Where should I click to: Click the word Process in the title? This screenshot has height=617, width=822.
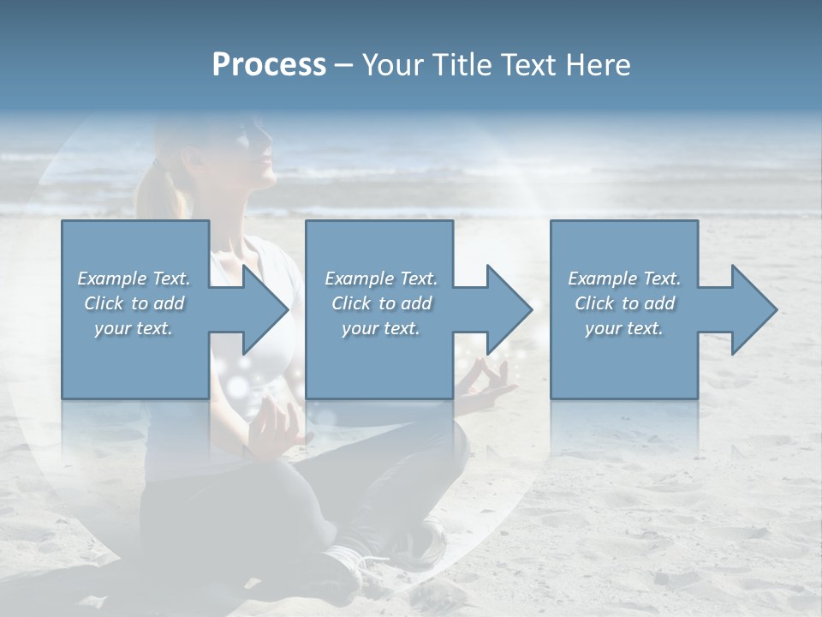(x=269, y=65)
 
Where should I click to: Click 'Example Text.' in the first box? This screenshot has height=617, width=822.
(x=134, y=279)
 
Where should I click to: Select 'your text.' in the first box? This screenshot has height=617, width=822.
(x=134, y=328)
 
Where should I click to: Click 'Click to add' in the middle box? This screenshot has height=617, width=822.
(x=381, y=303)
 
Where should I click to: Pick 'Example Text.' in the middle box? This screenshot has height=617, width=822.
(x=381, y=279)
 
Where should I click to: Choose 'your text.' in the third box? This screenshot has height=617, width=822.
(x=624, y=328)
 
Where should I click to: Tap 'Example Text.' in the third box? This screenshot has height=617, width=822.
(x=624, y=279)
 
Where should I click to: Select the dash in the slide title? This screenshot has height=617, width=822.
(x=344, y=65)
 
